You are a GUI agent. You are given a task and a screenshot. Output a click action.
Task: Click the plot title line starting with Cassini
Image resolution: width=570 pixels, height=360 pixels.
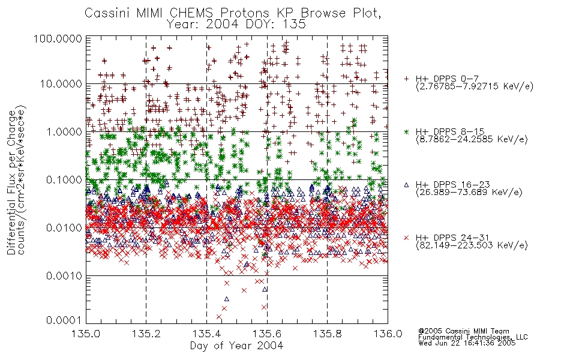233,13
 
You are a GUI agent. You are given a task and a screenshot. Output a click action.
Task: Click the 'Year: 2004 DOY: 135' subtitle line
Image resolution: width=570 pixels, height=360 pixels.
236,25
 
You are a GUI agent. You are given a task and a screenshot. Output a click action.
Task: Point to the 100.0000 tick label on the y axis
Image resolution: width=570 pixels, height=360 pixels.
58,38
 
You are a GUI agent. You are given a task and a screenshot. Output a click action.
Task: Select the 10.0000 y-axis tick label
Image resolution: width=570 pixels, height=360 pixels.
61,84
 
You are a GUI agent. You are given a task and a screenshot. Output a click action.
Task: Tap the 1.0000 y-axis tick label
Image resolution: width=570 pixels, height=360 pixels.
64,131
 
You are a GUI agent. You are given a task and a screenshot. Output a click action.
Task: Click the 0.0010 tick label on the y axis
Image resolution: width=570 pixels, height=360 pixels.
64,275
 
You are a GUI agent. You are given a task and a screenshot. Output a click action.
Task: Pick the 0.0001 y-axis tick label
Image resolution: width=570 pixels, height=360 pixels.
64,320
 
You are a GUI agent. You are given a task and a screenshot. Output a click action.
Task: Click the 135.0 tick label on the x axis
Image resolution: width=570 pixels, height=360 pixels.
85,334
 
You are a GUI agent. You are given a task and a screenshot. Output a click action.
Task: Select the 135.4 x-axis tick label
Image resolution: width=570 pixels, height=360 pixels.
206,334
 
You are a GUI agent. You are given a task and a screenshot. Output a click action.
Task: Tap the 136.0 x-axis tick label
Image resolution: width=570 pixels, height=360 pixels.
388,334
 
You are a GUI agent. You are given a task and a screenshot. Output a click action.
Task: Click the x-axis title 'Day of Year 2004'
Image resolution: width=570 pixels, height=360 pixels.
236,346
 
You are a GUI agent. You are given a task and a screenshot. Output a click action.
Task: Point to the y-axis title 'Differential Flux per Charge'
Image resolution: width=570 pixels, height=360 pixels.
11,182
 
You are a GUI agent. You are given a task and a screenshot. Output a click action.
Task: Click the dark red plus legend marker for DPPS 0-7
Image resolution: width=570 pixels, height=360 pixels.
406,79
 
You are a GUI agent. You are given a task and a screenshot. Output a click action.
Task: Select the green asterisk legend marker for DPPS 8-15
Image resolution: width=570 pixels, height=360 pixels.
406,131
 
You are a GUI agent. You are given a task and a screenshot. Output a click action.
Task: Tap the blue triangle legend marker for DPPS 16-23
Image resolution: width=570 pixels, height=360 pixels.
406,185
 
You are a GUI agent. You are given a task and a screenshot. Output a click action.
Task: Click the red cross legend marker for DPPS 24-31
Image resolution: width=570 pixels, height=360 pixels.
406,238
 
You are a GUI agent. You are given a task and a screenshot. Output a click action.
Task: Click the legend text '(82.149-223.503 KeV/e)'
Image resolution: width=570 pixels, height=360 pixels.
472,245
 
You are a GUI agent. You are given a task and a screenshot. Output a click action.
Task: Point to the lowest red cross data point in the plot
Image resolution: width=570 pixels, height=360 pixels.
219,317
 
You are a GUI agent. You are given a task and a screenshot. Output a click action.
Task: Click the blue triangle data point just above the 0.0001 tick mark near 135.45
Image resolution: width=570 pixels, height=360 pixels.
226,299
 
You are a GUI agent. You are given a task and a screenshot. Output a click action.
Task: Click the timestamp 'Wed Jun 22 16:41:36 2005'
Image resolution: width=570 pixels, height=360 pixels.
467,343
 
